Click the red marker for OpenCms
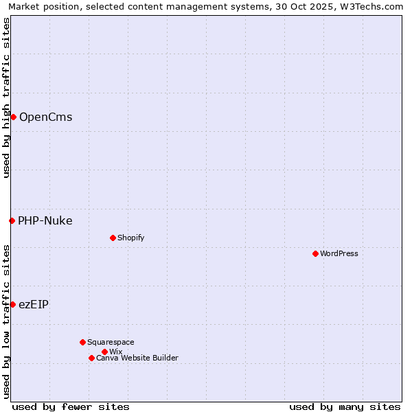click(13, 117)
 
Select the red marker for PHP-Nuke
click(12, 220)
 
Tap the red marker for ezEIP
click(12, 304)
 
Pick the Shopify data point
click(113, 238)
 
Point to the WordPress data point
click(315, 253)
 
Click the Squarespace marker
click(82, 342)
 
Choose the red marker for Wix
click(104, 352)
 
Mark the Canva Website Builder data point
click(91, 358)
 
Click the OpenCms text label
click(45, 117)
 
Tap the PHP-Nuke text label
click(45, 220)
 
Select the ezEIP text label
click(33, 304)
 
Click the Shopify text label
click(130, 238)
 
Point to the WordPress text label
click(339, 253)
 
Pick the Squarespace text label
click(111, 342)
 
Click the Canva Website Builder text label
click(137, 358)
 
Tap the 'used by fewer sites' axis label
click(71, 407)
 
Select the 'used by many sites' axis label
click(345, 407)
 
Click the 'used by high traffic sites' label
click(6, 98)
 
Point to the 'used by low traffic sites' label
click(6, 321)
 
